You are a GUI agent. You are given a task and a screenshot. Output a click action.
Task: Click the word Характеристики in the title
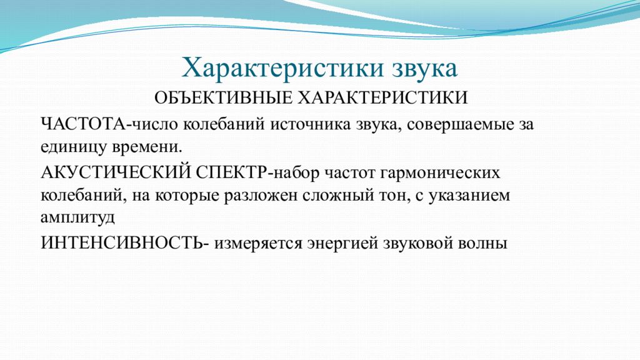pos(282,67)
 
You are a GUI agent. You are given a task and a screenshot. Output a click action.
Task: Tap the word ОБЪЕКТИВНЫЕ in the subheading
pos(223,98)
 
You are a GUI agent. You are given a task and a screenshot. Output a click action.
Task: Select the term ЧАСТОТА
pos(83,124)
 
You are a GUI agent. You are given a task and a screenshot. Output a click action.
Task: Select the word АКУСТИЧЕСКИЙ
pos(116,172)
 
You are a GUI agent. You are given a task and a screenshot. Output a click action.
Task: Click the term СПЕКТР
pos(231,172)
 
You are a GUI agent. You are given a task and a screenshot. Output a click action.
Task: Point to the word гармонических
pos(440,172)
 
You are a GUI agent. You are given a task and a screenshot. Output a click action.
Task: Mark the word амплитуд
pos(77,217)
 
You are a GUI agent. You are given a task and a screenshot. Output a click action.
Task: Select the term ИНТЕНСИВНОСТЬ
pos(122,243)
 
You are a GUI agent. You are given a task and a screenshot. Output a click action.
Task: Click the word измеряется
pos(258,243)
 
